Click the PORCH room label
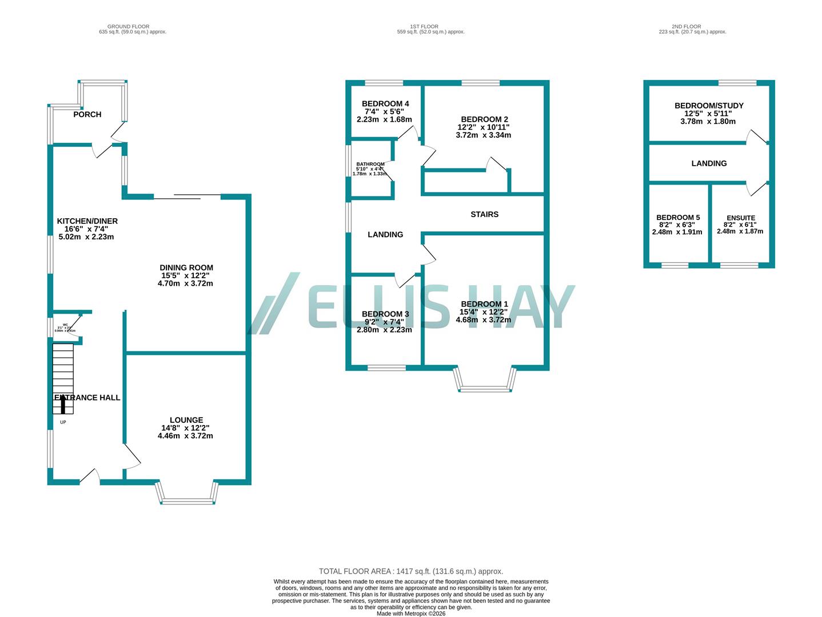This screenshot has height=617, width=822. [x=87, y=114]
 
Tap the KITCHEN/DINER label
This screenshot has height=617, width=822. [x=87, y=221]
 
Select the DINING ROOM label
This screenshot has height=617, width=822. [x=186, y=267]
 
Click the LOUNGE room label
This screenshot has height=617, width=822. [x=186, y=420]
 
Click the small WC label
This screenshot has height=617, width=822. [x=65, y=324]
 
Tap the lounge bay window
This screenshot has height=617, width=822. [x=187, y=495]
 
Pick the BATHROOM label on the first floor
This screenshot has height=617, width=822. [x=370, y=165]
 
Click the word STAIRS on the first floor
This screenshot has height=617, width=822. [x=484, y=214]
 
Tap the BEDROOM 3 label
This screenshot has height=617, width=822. [x=385, y=314]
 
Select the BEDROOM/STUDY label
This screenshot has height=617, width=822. [x=708, y=106]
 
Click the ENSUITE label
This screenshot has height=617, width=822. [x=740, y=218]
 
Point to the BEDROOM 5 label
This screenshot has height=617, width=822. [x=677, y=217]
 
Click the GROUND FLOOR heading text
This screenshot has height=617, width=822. [x=128, y=26]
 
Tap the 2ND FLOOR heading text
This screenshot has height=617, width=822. [x=686, y=26]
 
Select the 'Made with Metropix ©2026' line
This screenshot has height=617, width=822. [x=410, y=614]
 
